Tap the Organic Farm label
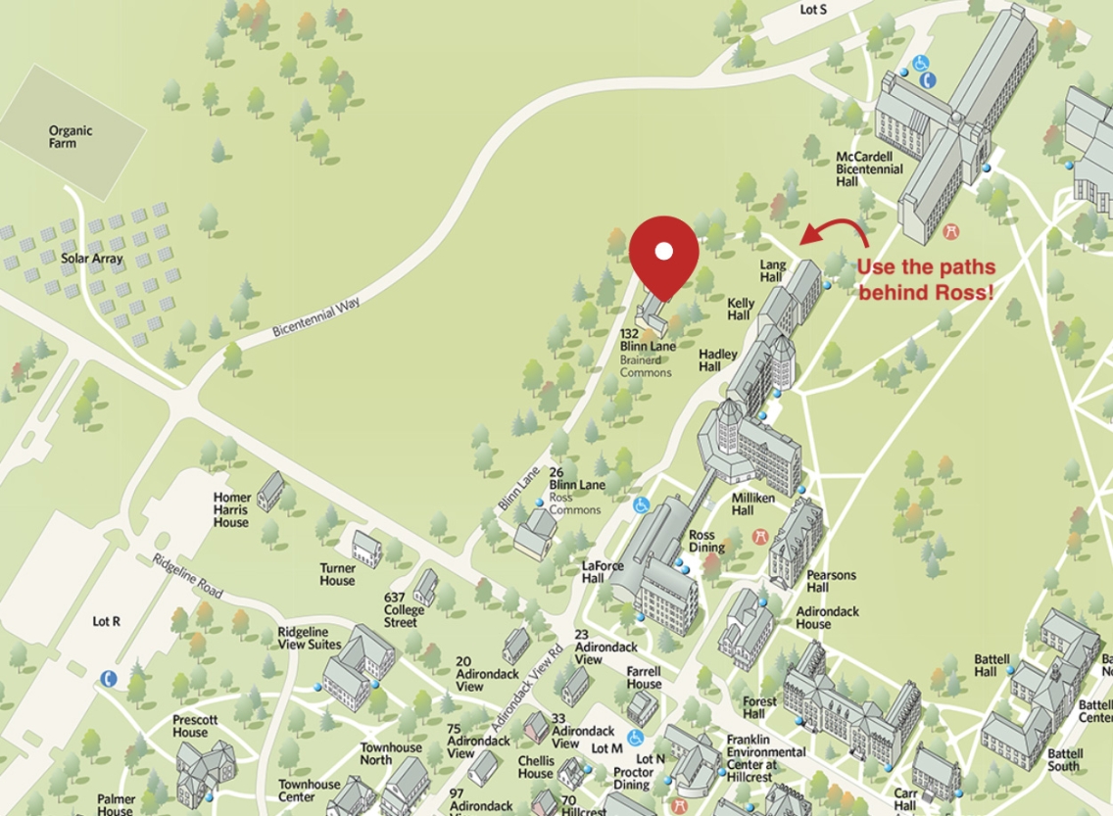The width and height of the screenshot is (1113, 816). (71, 137)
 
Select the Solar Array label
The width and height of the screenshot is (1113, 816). (92, 259)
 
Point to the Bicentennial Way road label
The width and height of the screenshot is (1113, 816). (316, 317)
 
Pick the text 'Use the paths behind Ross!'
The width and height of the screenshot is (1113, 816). (926, 279)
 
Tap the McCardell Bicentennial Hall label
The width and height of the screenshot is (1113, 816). (868, 168)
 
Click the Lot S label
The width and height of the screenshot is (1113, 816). (813, 10)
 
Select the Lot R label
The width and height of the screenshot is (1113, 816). (106, 621)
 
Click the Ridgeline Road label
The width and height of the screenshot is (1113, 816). (187, 576)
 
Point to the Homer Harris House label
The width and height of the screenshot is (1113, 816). (232, 509)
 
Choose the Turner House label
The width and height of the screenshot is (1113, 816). (337, 574)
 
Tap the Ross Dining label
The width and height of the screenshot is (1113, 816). (706, 541)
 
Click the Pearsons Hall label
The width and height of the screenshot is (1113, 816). (831, 581)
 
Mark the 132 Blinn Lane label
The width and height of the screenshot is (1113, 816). (648, 339)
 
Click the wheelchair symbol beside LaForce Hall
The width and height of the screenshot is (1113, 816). (641, 504)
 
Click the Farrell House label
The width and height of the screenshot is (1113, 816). (644, 677)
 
